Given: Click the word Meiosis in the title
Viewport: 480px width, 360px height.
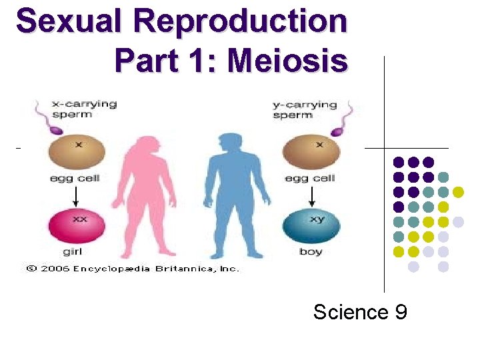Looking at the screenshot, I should pos(287,61).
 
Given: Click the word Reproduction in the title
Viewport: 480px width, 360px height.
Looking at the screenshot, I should pos(239,22).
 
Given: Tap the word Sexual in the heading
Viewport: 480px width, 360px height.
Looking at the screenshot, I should pos(67,22).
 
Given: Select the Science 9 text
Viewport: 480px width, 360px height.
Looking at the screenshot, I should pos(360,312).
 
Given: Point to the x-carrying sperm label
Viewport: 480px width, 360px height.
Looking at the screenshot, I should pos(84,109).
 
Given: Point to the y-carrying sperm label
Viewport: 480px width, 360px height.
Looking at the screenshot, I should pos(305,109).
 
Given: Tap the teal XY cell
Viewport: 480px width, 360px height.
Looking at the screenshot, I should pos(311,226).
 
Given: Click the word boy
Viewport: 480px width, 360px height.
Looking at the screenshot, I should pos(311,252).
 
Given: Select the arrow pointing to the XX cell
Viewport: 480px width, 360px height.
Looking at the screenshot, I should pos(76,196).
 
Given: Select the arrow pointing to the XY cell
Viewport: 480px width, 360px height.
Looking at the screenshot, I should pos(311,196).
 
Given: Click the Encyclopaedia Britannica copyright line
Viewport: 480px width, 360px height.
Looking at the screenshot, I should pos(132,268).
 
